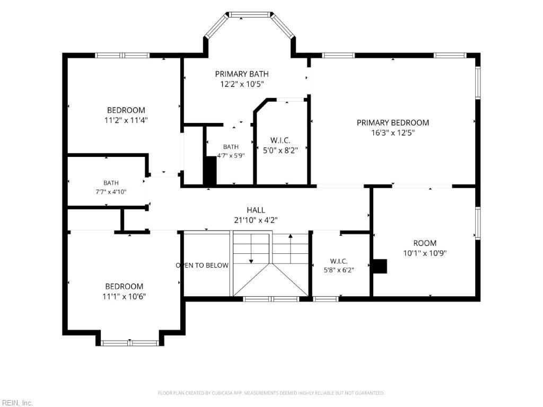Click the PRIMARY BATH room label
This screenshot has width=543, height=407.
(x=242, y=74)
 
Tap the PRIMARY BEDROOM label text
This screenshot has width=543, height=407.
(x=393, y=122)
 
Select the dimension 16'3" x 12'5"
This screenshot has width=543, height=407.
(x=393, y=132)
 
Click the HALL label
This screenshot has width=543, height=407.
(x=256, y=210)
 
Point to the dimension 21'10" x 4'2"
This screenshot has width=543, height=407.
(x=256, y=220)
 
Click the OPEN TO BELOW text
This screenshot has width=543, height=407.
(x=202, y=265)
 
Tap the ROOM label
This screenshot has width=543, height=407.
(x=425, y=243)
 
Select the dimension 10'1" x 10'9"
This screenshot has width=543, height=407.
(x=425, y=253)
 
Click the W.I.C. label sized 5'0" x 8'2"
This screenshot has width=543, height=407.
(x=280, y=140)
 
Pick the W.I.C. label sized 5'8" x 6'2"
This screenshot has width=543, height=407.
(x=339, y=261)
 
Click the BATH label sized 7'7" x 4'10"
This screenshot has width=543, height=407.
(x=111, y=183)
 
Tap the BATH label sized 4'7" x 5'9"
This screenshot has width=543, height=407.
(x=231, y=147)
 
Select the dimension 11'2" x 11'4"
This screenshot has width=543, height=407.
(x=126, y=120)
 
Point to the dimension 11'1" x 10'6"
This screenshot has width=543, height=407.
(x=124, y=296)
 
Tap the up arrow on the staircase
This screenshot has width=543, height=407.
(x=291, y=249)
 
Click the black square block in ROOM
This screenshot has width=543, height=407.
(x=380, y=266)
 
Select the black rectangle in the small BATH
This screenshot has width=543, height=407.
(x=210, y=171)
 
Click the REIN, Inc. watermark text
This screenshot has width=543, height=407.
(x=16, y=403)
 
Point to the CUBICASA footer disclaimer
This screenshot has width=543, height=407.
(x=271, y=393)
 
